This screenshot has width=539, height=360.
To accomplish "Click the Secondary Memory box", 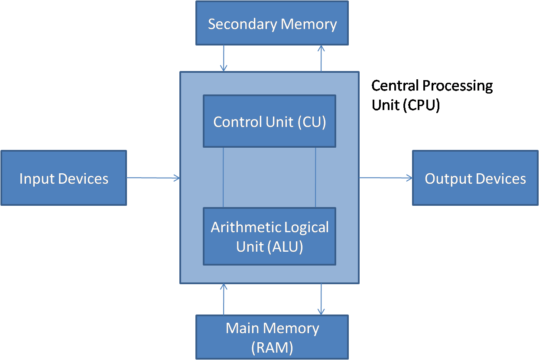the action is pyautogui.click(x=272, y=23).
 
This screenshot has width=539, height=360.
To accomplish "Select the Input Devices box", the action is pyautogui.click(x=64, y=178).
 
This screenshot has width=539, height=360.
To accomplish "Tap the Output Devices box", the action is pyautogui.click(x=475, y=178).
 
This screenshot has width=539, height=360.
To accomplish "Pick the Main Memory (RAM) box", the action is pyautogui.click(x=272, y=337).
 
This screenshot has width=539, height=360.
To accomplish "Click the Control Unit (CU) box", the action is pyautogui.click(x=269, y=121).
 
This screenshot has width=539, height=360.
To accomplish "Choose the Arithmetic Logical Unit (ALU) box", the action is pyautogui.click(x=269, y=236).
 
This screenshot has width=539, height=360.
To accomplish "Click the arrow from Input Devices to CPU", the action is pyautogui.click(x=153, y=178).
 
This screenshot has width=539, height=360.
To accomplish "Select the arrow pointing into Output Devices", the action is pyautogui.click(x=386, y=178).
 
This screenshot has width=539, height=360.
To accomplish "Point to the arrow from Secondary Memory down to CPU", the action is pyautogui.click(x=224, y=58).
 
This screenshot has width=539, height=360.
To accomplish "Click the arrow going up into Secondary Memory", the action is pyautogui.click(x=321, y=58).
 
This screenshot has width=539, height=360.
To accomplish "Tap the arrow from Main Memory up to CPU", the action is pyautogui.click(x=224, y=299).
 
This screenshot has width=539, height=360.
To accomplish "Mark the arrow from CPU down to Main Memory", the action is pyautogui.click(x=321, y=299).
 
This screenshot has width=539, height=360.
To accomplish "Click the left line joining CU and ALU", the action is pyautogui.click(x=223, y=177).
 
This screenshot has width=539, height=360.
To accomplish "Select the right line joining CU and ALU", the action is pyautogui.click(x=315, y=177).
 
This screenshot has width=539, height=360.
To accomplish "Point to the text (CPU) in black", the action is pyautogui.click(x=421, y=105).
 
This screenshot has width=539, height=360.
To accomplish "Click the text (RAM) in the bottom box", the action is pyautogui.click(x=272, y=348).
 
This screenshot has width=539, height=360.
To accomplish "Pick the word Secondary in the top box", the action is pyautogui.click(x=243, y=25).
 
